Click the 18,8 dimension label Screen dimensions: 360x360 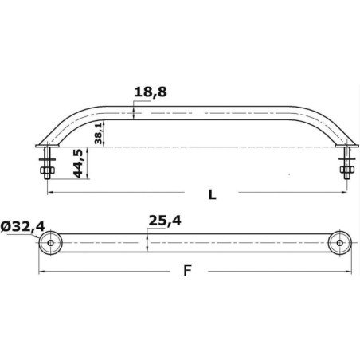[151, 92]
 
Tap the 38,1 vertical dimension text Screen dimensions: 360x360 [98, 134]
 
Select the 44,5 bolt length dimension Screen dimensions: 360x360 [78, 163]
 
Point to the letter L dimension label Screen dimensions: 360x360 [212, 194]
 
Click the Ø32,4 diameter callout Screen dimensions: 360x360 [22, 227]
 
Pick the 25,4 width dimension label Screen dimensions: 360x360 [165, 221]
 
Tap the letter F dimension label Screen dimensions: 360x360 [187, 271]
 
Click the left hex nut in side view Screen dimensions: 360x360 [48, 170]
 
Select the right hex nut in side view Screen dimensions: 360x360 [347, 170]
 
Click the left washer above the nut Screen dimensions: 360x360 [47, 159]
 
